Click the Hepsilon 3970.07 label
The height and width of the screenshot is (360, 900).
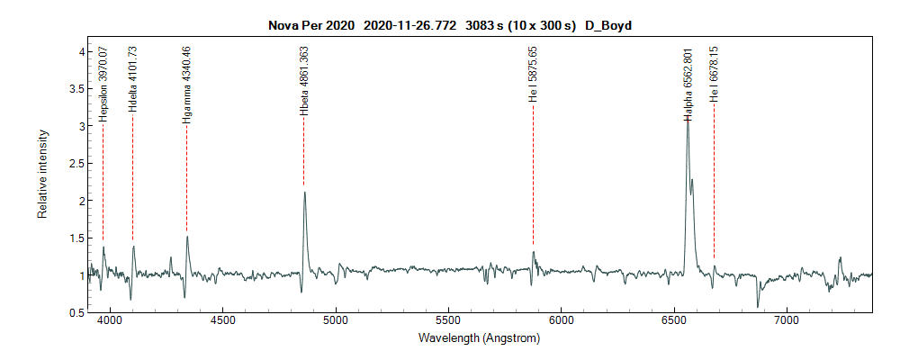[103, 83]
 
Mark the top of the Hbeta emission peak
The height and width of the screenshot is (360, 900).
[304, 192]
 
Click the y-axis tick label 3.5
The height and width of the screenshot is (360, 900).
[76, 89]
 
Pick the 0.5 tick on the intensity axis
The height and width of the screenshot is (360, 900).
[76, 312]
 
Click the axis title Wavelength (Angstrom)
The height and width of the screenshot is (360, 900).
[479, 338]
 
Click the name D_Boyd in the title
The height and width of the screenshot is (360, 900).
[609, 24]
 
